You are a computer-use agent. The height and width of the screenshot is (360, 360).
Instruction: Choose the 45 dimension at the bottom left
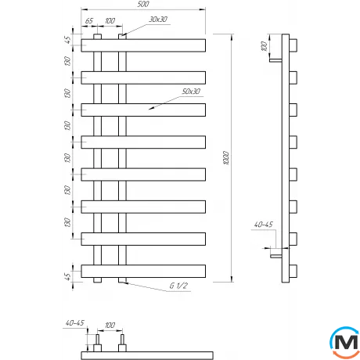[x=68, y=275]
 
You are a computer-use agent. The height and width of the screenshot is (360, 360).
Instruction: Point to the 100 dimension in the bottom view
[x=110, y=324]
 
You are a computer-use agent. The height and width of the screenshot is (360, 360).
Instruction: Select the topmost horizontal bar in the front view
[x=143, y=45]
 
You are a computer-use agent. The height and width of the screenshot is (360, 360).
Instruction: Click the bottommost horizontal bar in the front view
[x=143, y=270]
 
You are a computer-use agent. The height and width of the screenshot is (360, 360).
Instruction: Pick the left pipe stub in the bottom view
[x=97, y=345]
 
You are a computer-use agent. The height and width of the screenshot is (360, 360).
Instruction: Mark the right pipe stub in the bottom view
[x=121, y=345]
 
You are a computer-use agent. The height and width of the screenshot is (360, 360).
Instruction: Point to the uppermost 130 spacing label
[x=68, y=61]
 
